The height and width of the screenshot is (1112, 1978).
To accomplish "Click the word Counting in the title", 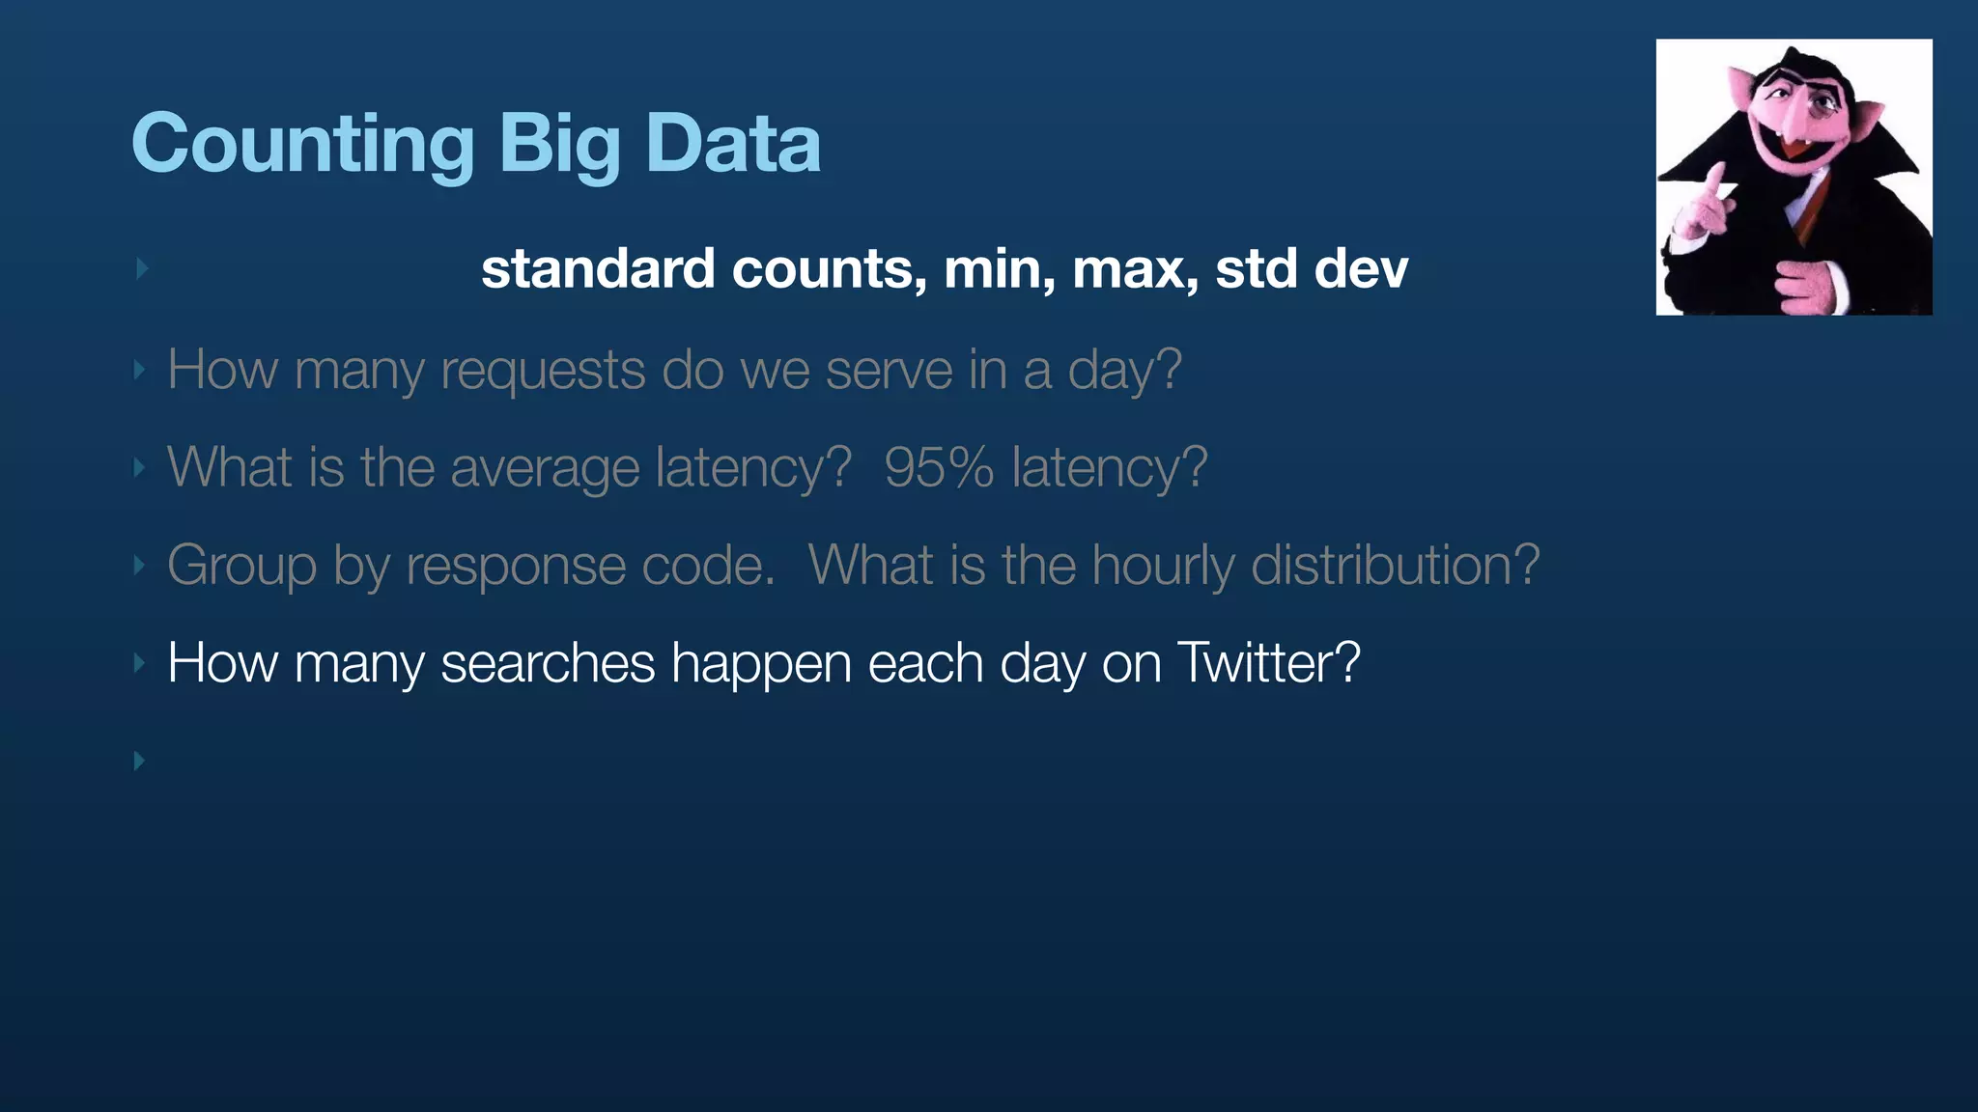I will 302,145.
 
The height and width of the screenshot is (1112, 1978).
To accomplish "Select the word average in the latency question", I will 545,469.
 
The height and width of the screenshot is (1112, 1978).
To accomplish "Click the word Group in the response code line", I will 241,566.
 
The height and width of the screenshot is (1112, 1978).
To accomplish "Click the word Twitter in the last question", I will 1268,663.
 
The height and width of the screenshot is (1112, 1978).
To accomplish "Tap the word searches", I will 548,663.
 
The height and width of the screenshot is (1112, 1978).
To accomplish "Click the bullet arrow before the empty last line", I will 140,761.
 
